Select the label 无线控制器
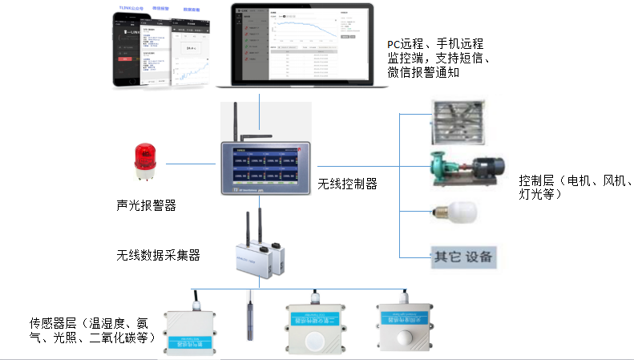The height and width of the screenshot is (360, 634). pos(347,184)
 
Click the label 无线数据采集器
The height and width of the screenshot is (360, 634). pos(158,256)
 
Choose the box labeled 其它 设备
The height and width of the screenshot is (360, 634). pos(464,257)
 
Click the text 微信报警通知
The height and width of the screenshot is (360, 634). pos(424,72)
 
